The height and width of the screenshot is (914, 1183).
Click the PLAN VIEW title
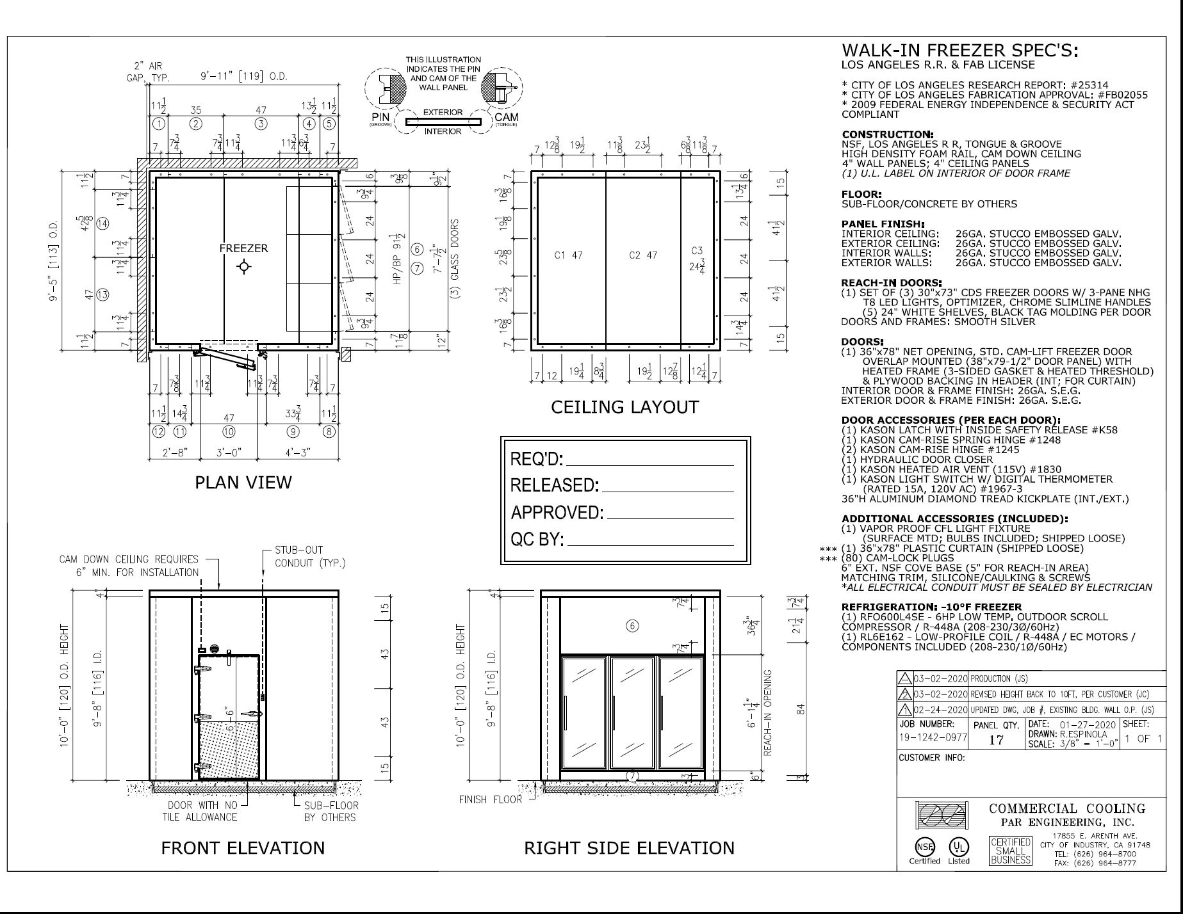pos(243,482)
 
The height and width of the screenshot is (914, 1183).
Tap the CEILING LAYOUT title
pos(624,407)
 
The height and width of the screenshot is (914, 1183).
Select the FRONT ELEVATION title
pos(243,848)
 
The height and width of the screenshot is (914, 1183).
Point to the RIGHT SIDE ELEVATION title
pos(629,848)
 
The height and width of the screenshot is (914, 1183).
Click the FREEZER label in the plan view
pos(243,248)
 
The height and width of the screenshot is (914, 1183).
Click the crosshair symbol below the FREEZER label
pos(243,266)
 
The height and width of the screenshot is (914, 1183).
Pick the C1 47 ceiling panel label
pos(569,255)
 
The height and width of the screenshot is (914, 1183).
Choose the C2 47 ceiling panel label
pos(643,255)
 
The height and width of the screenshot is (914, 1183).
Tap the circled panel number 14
pos(102,223)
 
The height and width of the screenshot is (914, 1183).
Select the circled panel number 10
pos(228,431)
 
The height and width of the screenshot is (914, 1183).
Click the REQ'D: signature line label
pos(537,459)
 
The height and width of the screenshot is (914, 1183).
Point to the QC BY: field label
pos(537,540)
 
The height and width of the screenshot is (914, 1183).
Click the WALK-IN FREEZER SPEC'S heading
pos(959,51)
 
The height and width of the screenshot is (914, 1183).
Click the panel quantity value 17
pos(996,740)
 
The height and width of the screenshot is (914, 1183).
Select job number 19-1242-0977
pos(933,737)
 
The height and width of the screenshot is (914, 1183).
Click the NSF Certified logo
pos(924,847)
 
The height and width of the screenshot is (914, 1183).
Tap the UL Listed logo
pos(959,847)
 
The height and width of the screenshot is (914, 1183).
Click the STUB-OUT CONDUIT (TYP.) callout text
pos(310,556)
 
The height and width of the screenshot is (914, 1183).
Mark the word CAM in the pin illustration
pos(507,117)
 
